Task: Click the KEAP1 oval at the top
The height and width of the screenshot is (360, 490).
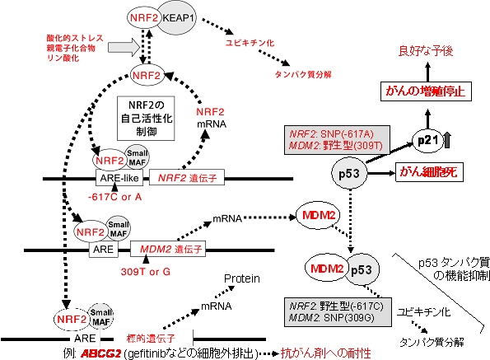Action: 179,18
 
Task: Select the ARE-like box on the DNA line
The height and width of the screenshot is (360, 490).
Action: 119,178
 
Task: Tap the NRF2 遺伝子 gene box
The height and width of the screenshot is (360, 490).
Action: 187,177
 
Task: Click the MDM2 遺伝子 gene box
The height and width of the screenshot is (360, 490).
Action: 168,249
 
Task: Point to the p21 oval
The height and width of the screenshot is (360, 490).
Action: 427,141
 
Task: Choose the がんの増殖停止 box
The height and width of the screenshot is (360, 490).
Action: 426,91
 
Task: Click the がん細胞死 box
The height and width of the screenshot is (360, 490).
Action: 429,172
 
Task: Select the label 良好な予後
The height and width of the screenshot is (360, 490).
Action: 426,51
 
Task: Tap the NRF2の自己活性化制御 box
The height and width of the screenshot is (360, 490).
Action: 146,118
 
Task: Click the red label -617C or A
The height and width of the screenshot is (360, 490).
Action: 115,197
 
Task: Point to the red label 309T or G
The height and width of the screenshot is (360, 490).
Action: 146,272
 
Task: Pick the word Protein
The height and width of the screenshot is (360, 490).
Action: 242,278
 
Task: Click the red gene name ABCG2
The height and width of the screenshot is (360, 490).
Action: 100,353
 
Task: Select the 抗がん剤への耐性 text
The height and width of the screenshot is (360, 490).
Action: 326,353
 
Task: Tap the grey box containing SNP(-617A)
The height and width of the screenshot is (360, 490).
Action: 337,140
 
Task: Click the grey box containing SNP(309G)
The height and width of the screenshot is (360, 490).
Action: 338,312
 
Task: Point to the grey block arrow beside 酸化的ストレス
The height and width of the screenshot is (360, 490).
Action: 124,48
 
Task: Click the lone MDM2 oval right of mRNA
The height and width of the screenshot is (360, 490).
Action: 319,215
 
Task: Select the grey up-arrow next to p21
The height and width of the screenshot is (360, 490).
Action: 447,140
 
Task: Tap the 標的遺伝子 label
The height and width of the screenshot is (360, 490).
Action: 151,339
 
